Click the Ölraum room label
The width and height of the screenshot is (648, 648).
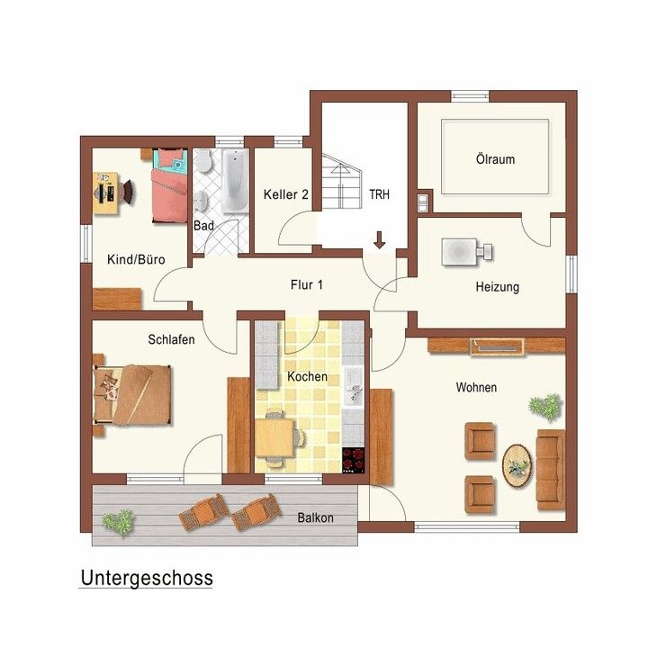496,159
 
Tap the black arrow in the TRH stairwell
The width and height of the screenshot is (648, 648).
379,240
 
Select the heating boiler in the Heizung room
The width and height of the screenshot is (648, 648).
467,251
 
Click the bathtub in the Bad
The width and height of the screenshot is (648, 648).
236,181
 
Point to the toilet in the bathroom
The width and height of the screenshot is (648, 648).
202,161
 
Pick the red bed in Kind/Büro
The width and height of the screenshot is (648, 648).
169,185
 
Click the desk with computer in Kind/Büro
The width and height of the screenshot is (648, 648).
106,193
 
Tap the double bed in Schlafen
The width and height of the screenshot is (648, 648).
131,394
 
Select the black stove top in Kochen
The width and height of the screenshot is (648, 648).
354,460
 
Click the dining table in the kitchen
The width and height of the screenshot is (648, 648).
274,437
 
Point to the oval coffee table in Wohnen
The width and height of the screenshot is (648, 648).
517,466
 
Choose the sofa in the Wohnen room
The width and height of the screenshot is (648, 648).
551,470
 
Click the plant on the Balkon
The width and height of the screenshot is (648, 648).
118,522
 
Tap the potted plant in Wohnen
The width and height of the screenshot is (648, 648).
545,407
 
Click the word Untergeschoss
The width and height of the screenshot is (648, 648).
147,578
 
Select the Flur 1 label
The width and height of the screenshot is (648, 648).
307,284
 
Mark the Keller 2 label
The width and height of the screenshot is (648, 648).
286,194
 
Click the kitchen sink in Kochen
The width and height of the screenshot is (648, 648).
354,386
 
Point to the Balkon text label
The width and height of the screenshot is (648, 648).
315,517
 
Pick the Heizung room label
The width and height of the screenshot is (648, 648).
497,287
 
